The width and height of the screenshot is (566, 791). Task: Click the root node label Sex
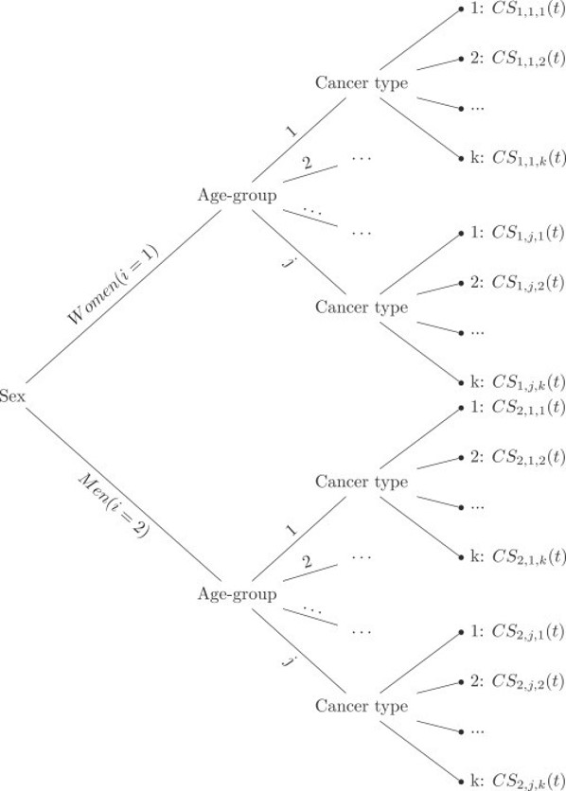tap(12, 396)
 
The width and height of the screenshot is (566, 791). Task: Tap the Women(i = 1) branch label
tap(113, 285)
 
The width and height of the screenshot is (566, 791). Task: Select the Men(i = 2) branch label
tap(113, 506)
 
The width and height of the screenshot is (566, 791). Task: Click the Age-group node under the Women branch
tap(237, 196)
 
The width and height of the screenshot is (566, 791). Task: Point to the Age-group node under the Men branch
tap(237, 595)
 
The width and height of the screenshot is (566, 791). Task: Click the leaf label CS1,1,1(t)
tap(528, 10)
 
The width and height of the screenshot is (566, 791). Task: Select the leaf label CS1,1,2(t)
tap(528, 59)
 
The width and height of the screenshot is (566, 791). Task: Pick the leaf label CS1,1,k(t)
tap(528, 158)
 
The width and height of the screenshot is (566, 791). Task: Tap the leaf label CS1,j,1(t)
tap(528, 234)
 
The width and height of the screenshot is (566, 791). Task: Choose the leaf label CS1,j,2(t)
tap(528, 283)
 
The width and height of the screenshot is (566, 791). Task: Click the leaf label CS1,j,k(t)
tap(528, 382)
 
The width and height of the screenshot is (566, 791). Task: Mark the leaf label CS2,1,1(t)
tap(528, 408)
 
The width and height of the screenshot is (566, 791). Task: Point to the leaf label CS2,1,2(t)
tap(528, 457)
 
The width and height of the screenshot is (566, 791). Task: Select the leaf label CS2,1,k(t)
tap(528, 557)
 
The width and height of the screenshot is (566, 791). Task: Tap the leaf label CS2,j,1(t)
tap(528, 632)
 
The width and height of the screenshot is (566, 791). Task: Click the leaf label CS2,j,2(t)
tap(528, 681)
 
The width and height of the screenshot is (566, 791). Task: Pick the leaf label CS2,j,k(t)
tap(528, 781)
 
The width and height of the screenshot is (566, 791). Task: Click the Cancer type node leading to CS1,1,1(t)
tap(362, 83)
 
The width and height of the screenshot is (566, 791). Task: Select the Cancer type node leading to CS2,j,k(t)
tap(362, 706)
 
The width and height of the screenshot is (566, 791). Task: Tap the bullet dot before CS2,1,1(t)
tap(461, 408)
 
